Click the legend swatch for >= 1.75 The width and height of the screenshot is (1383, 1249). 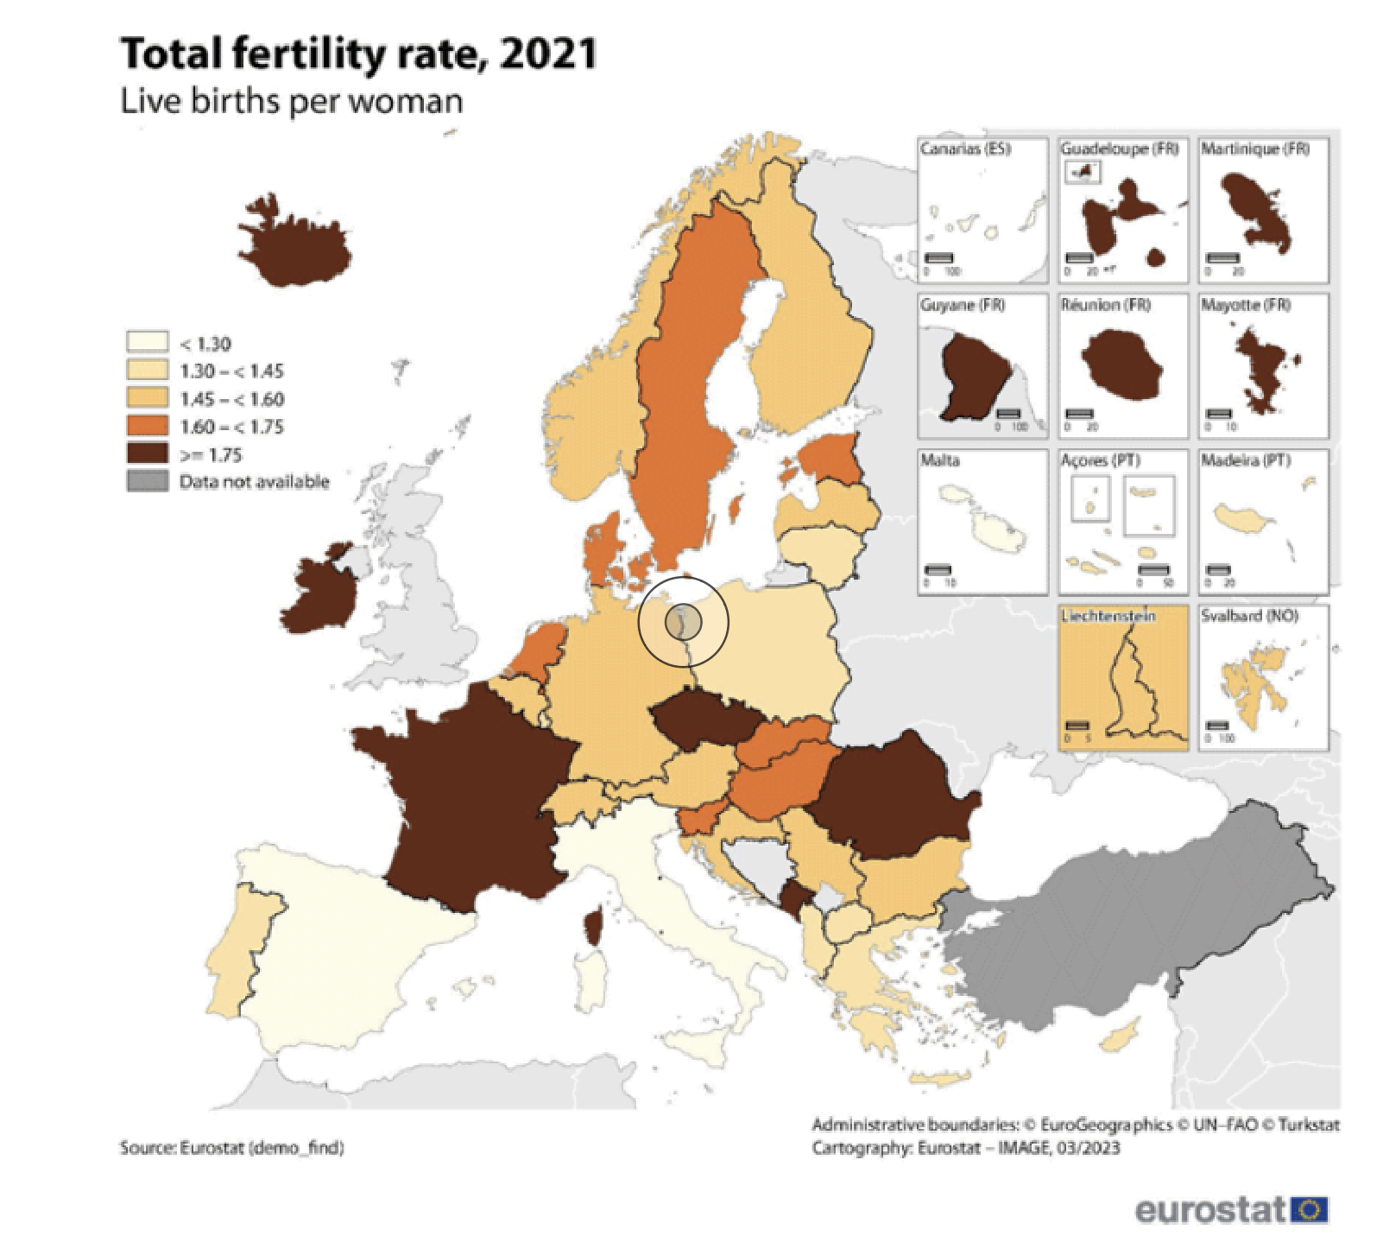click(147, 453)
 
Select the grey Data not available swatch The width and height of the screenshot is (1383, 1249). click(147, 481)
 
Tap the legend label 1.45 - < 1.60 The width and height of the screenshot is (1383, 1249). click(231, 399)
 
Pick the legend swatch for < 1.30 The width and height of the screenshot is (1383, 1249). click(147, 342)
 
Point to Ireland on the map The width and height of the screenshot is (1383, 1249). click(319, 596)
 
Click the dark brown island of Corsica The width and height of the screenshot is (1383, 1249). click(593, 928)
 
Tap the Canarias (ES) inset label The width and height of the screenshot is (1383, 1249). click(965, 149)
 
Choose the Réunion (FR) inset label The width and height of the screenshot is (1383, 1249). click(1106, 305)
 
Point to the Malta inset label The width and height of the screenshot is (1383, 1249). click(940, 460)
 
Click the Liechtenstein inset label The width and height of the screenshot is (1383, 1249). click(1108, 616)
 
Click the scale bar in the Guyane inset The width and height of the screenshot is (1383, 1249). click(1007, 415)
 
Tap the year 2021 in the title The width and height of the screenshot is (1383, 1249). click(548, 54)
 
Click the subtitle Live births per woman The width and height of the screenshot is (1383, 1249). click(291, 101)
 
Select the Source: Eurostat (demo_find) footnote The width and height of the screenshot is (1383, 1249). click(231, 1148)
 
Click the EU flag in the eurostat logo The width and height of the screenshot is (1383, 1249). click(1309, 1209)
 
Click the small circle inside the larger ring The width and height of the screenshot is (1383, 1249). click(683, 621)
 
